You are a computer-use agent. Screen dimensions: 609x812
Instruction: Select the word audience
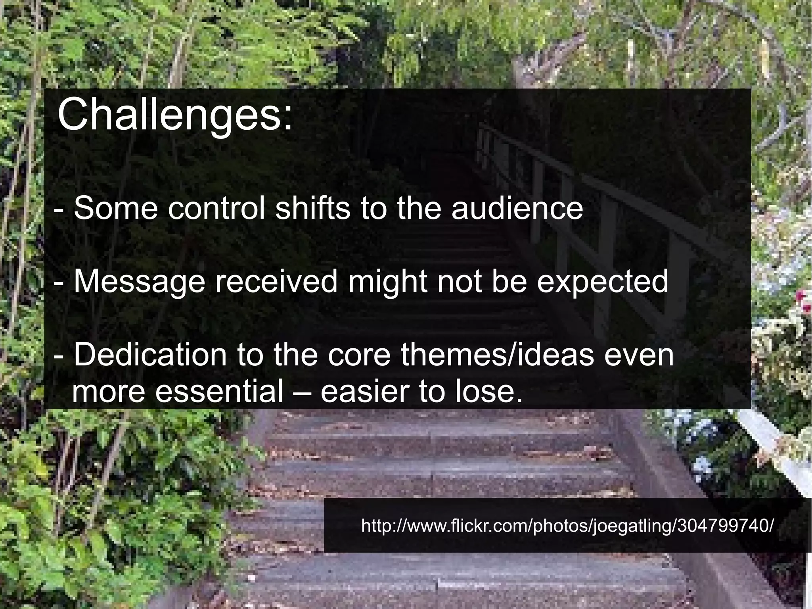tap(517, 208)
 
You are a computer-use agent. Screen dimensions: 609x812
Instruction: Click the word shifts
tap(313, 208)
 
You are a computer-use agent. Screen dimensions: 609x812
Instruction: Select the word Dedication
tap(150, 355)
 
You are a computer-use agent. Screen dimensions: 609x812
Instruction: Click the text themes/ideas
tap(497, 355)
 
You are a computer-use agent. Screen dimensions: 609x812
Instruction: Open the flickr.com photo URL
tap(567, 526)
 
